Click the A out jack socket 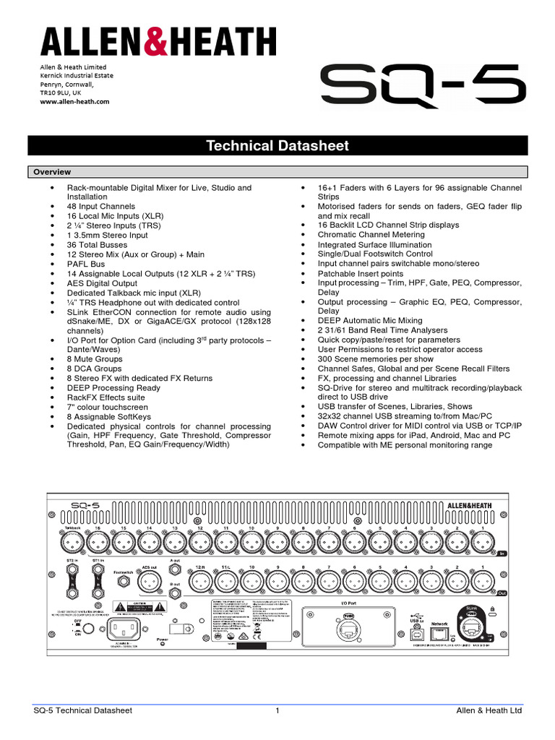click(174, 571)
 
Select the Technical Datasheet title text click(277, 146)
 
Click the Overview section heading click(50, 172)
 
